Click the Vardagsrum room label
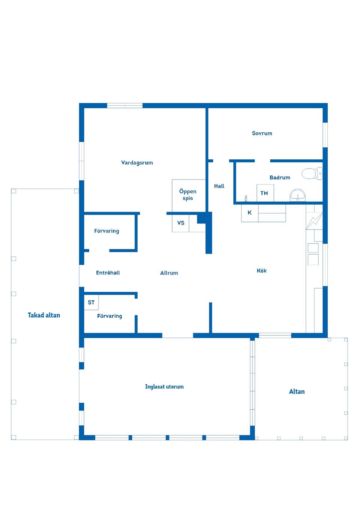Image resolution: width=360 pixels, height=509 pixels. (x=137, y=163)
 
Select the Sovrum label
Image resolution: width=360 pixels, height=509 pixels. (x=262, y=133)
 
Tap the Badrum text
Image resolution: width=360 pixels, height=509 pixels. (x=280, y=178)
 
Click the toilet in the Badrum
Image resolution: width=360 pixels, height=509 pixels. (x=312, y=174)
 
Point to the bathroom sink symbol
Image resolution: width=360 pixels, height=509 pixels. (x=297, y=196)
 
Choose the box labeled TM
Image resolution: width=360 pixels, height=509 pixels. (x=265, y=193)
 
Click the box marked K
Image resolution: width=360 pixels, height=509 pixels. (x=250, y=213)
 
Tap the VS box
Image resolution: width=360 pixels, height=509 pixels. (x=181, y=223)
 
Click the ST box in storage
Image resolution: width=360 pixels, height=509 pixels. (x=91, y=302)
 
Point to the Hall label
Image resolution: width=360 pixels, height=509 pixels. (x=219, y=186)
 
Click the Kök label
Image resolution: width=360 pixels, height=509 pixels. (x=262, y=271)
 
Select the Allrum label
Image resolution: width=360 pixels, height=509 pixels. (x=169, y=273)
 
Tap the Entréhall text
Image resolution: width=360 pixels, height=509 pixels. (x=108, y=273)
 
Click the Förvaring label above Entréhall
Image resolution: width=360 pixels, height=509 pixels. (x=106, y=231)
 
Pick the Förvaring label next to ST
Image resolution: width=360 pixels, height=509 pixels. (x=109, y=316)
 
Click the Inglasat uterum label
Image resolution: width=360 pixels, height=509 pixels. (x=164, y=387)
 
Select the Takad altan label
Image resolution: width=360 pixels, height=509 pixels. (x=44, y=315)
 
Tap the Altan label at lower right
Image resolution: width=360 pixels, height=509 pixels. (x=297, y=392)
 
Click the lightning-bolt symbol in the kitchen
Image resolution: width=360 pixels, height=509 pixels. (x=314, y=221)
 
